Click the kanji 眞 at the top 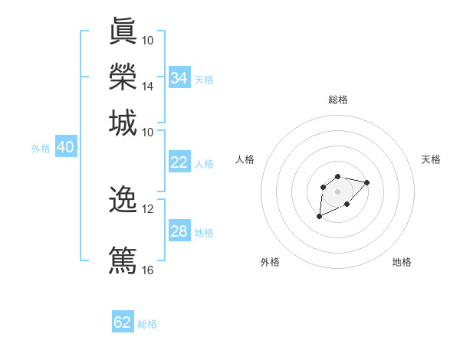123,32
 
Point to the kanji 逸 123,199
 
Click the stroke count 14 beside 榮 147,86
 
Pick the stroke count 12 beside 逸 147,208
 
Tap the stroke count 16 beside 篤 147,270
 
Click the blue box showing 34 179,78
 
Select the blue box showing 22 179,162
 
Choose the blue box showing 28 179,231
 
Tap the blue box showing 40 65,148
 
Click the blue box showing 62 123,322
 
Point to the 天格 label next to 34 203,79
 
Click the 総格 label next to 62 147,323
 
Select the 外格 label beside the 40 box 40,149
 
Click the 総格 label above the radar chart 337,100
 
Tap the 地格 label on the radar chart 402,262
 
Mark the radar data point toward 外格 319,217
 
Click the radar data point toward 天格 366,182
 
